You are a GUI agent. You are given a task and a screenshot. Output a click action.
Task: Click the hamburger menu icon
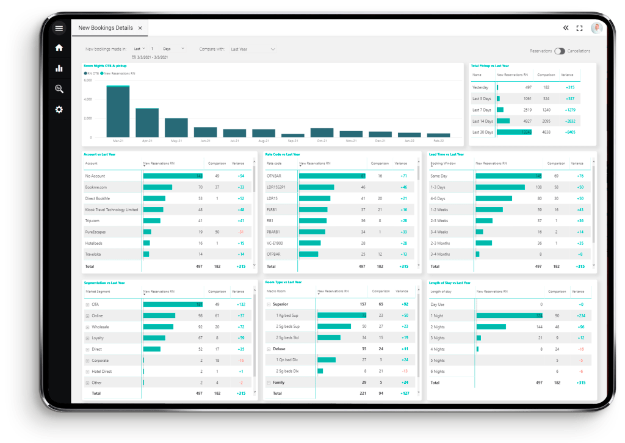pos(59,28)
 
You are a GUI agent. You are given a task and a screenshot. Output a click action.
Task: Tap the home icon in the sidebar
pos(59,48)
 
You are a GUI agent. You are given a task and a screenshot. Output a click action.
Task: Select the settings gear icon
pos(59,110)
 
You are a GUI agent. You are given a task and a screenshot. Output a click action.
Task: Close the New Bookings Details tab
pos(140,28)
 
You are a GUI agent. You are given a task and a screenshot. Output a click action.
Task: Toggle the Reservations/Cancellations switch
pos(560,51)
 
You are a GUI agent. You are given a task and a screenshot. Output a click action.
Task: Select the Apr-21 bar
pos(147,123)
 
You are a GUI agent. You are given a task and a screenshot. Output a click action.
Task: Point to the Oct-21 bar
pos(322,132)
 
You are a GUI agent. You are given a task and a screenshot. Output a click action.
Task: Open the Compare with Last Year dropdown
pos(253,49)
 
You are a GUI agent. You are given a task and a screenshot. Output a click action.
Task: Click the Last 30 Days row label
pos(482,132)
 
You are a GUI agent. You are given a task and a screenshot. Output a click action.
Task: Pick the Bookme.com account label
pos(96,187)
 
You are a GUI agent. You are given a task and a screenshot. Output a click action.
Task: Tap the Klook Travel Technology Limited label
pos(112,209)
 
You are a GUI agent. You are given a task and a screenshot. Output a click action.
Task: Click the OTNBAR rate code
pos(273,176)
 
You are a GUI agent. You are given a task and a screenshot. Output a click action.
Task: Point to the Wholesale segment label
pos(100,327)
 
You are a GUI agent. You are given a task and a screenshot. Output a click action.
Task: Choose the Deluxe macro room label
pos(279,349)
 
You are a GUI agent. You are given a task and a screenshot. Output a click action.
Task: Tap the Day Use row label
pos(438,304)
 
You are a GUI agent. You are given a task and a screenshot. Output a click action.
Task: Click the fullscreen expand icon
pos(579,28)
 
